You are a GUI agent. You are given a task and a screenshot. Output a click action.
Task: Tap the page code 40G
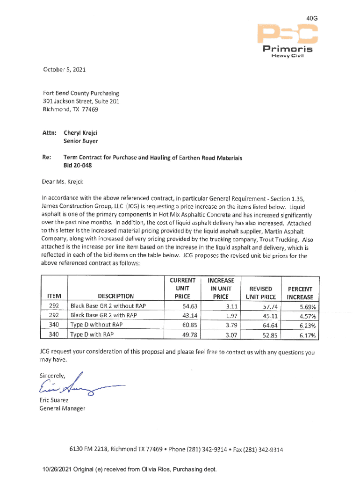tap(312, 18)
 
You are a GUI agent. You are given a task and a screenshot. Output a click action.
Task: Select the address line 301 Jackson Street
tap(75, 102)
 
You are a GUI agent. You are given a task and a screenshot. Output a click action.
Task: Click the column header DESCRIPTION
tap(115, 296)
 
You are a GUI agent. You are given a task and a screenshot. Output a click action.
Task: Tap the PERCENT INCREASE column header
tap(300, 293)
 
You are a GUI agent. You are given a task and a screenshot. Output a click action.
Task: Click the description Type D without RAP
tap(96, 325)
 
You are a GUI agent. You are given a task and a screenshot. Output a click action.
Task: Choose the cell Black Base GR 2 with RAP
tap(103, 315)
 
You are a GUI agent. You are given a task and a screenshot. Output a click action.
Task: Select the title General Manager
tap(63, 408)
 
